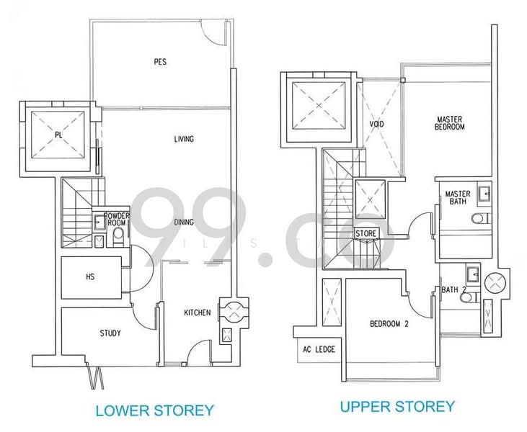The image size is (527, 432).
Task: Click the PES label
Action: [160, 62]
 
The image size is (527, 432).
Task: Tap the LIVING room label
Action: [184, 139]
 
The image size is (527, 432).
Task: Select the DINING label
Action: [184, 222]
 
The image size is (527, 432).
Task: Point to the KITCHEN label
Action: [197, 312]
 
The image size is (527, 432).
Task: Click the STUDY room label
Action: [110, 333]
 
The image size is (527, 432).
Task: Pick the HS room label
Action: [90, 275]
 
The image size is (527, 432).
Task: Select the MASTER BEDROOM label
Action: [450, 122]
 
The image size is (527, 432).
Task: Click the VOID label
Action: [376, 125]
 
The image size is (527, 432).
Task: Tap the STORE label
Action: [367, 233]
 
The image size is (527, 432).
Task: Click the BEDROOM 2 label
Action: [389, 324]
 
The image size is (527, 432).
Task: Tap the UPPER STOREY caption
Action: [397, 407]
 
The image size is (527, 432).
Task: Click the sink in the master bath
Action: [483, 192]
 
